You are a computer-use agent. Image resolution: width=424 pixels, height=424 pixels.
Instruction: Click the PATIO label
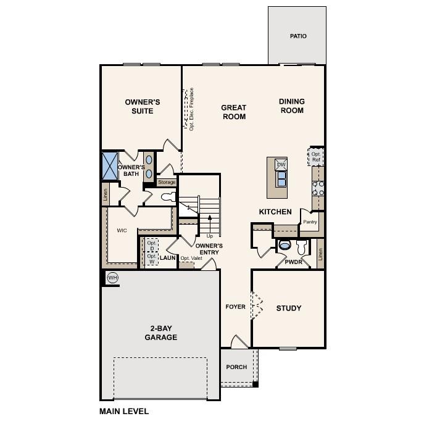pos(298,36)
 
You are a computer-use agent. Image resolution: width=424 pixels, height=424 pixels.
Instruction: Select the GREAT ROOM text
pos(234,112)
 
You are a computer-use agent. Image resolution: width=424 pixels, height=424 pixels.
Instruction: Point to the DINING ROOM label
pos(292,106)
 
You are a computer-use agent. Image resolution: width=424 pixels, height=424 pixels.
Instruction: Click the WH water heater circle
pos(112,278)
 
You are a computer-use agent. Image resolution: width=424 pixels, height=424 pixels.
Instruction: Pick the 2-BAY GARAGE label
pos(161,333)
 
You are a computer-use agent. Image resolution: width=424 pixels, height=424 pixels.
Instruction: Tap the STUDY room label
pos(289,308)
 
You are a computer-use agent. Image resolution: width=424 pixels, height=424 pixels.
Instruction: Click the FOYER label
pos(235,307)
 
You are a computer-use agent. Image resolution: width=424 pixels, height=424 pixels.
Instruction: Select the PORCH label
pos(236,367)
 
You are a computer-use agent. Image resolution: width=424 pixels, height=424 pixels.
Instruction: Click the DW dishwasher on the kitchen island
pos(281,165)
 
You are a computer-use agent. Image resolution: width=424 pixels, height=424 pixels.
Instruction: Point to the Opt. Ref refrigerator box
pos(316,157)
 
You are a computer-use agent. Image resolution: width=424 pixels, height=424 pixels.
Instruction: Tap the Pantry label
pos(310,222)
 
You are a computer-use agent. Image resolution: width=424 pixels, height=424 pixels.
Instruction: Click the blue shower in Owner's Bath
pos(109,165)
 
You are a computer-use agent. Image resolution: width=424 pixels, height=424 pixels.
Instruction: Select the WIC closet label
pos(122,230)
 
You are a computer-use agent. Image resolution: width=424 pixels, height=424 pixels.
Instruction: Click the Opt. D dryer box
pos(152,245)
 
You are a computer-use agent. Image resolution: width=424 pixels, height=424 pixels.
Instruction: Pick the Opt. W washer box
pos(152,259)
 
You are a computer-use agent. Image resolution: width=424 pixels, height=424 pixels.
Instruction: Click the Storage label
pos(167,182)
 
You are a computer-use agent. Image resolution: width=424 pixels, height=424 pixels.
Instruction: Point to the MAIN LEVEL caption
pos(124,411)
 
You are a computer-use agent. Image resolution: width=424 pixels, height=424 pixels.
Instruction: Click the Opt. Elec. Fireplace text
pos(191,110)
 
